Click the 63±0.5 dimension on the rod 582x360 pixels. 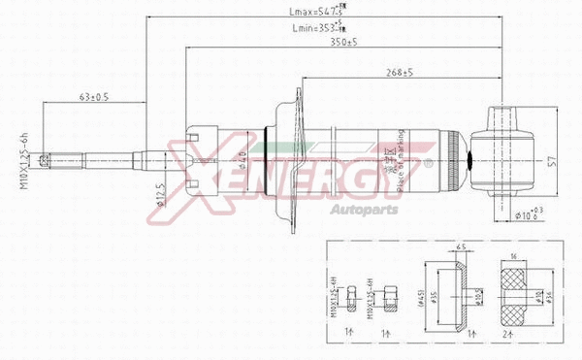(x=93, y=97)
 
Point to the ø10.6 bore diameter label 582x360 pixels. (x=530, y=215)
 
